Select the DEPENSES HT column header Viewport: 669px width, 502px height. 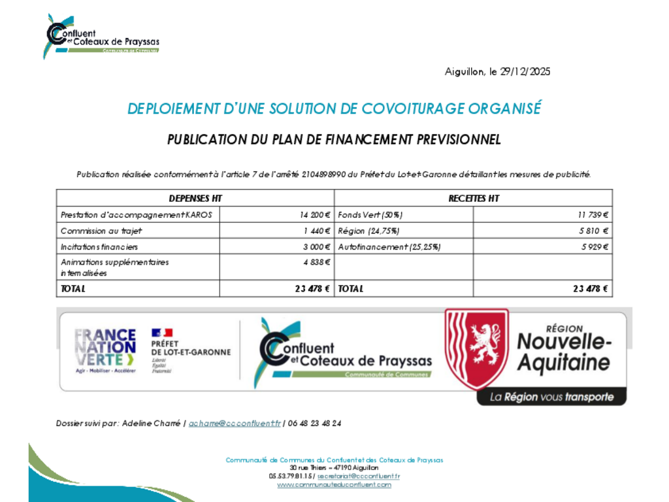click(x=195, y=198)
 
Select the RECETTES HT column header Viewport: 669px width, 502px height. click(x=473, y=198)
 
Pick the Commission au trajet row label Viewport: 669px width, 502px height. click(x=101, y=231)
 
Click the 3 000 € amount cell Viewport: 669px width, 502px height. click(x=316, y=247)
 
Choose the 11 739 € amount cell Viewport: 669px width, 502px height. click(x=593, y=214)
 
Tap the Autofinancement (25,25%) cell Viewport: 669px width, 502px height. click(x=389, y=247)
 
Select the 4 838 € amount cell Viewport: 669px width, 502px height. click(x=316, y=263)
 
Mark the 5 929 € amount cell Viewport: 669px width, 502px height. click(x=594, y=247)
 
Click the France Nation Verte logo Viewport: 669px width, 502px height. click(x=105, y=350)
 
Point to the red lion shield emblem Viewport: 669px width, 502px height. click(x=476, y=348)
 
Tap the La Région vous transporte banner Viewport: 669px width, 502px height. click(x=551, y=397)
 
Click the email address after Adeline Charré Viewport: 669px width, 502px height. click(x=235, y=424)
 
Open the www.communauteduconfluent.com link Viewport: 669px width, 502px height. click(x=334, y=485)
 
